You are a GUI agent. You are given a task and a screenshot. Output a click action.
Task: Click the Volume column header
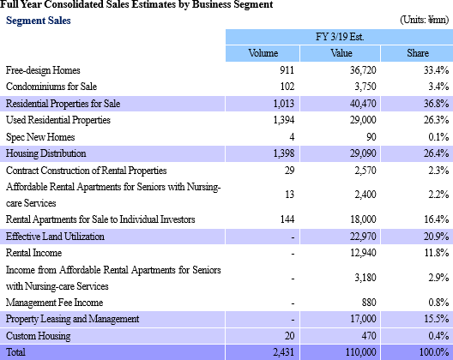click(x=263, y=53)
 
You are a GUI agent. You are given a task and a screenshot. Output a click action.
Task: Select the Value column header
click(x=341, y=53)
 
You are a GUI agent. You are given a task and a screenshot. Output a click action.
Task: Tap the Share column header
click(x=418, y=53)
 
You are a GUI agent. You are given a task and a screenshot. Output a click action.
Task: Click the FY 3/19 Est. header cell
click(x=340, y=37)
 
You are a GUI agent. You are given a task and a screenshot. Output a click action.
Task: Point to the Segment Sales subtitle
click(x=39, y=21)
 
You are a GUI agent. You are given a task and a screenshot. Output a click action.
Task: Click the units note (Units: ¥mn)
click(x=424, y=20)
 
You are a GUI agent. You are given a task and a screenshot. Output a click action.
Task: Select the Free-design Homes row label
click(x=43, y=70)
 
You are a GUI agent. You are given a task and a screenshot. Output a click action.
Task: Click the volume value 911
click(x=287, y=70)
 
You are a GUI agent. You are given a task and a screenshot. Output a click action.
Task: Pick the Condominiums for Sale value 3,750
click(x=365, y=87)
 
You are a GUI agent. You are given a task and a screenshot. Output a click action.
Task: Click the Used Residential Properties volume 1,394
click(x=284, y=120)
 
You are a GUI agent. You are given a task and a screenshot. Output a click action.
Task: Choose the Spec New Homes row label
click(x=40, y=137)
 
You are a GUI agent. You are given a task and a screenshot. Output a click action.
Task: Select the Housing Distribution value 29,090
click(x=363, y=153)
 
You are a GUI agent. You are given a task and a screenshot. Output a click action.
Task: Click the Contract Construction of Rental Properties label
click(x=86, y=171)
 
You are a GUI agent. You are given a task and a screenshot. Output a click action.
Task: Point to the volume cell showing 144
click(x=287, y=219)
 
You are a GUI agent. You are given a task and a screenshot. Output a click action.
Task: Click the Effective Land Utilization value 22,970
click(x=363, y=237)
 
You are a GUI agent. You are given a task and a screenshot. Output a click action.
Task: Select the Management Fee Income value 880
click(x=369, y=303)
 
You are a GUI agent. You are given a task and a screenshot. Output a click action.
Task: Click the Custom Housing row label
click(x=38, y=336)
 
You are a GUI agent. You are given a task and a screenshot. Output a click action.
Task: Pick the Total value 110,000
click(x=361, y=352)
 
